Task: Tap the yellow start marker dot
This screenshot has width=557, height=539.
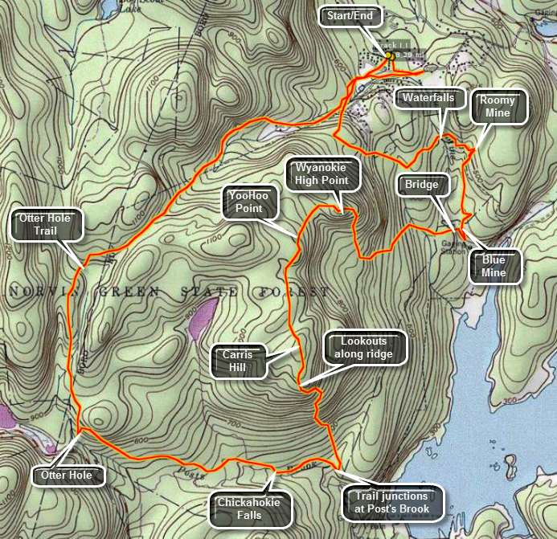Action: [389, 55]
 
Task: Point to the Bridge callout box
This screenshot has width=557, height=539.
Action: [422, 186]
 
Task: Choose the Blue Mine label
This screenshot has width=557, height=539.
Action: [494, 267]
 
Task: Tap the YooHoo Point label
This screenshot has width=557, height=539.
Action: [249, 202]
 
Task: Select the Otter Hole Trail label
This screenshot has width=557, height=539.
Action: [47, 226]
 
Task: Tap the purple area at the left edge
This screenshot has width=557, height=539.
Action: [6, 418]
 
